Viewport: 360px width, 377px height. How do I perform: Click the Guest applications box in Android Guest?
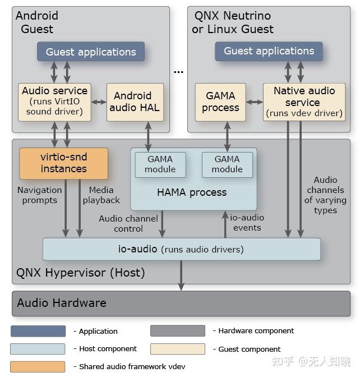tap(90, 52)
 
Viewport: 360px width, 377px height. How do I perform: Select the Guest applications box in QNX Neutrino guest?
tap(269, 51)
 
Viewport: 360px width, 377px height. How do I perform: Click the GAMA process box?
tap(220, 102)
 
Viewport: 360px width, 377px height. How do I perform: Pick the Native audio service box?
tap(304, 102)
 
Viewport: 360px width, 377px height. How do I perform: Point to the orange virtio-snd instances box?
tap(63, 163)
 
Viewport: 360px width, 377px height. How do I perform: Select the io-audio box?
tap(181, 249)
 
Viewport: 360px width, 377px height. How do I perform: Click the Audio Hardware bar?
tap(181, 303)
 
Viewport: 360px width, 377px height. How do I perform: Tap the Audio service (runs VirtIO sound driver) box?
tap(54, 102)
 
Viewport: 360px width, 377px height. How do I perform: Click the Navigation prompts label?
tap(39, 195)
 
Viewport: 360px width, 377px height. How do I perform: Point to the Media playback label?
tap(101, 195)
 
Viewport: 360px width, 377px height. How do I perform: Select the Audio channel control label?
tap(128, 223)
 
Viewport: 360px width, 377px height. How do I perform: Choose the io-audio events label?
tap(247, 222)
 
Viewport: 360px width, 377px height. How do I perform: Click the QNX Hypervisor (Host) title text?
tap(81, 273)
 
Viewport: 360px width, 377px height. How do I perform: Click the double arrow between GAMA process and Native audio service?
tap(255, 102)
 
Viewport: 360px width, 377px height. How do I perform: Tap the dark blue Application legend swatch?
tap(38, 331)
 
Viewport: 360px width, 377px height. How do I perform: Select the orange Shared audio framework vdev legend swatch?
tap(38, 366)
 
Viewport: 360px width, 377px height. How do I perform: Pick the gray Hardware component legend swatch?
tap(177, 331)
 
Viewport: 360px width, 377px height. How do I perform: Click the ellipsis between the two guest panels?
tap(178, 72)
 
